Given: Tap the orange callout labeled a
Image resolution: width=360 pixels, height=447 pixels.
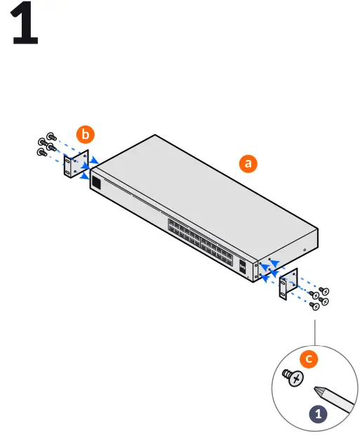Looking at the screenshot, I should (x=247, y=164).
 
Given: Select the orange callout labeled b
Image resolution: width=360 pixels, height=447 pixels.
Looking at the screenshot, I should (x=86, y=133).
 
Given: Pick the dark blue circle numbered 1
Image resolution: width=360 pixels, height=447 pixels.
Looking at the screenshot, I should (x=319, y=414).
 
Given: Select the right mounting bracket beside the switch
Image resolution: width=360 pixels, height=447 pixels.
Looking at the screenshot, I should (x=288, y=286).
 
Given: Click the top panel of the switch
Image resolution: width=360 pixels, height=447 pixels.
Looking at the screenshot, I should (x=204, y=189).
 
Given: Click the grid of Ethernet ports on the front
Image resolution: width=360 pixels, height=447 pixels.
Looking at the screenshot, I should (x=200, y=242).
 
